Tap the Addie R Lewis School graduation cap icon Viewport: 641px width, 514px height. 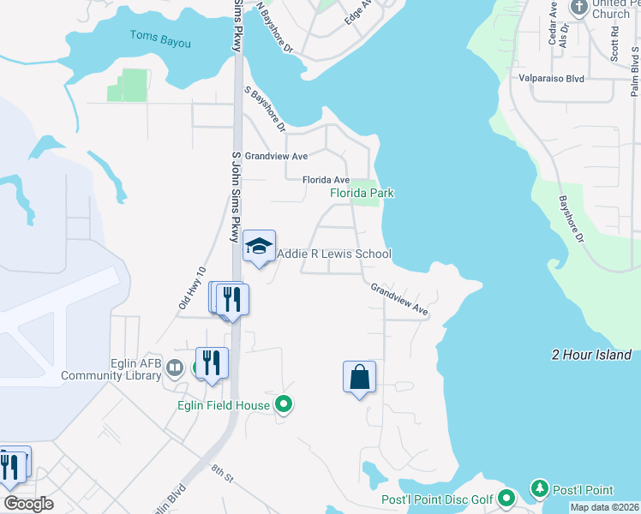pyautogui.click(x=259, y=247)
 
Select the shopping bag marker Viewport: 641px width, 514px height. pyautogui.click(x=359, y=377)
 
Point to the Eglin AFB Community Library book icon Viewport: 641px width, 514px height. pyautogui.click(x=175, y=368)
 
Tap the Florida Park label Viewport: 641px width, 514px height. pyautogui.click(x=362, y=194)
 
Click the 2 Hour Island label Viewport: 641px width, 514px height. pyautogui.click(x=591, y=355)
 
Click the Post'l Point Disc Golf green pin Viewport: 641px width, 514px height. pyautogui.click(x=506, y=498)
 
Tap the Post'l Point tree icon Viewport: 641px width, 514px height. pyautogui.click(x=540, y=489)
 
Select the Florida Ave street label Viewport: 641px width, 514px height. pyautogui.click(x=326, y=180)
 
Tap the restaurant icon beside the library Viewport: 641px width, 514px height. pyautogui.click(x=212, y=363)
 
